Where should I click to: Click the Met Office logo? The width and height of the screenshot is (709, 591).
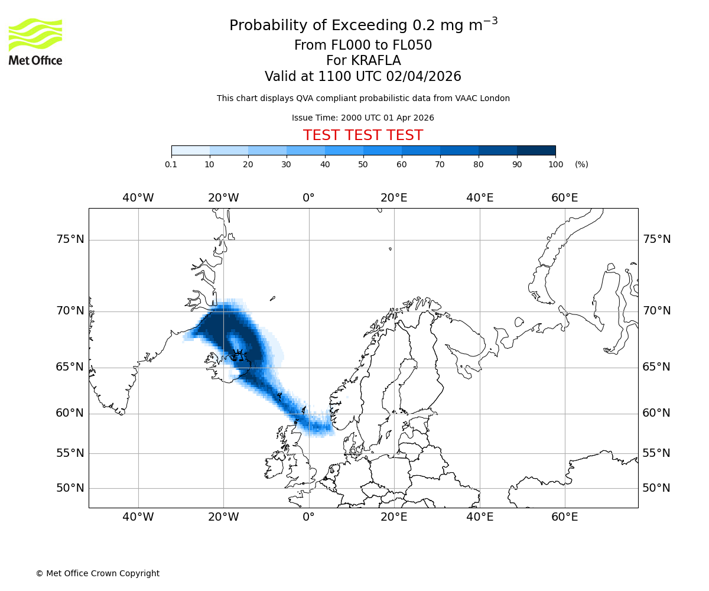coord(35,41)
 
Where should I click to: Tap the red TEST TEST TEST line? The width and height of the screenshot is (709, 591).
coord(363,135)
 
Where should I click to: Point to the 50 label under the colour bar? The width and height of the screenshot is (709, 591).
coord(363,164)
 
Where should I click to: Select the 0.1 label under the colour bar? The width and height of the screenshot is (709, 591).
coord(171,164)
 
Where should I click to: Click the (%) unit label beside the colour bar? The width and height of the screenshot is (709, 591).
coord(581,164)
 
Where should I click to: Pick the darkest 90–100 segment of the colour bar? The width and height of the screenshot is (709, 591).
coord(536,150)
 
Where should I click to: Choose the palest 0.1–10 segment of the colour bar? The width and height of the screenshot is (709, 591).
coord(190,150)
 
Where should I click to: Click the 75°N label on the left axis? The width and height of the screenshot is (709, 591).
coord(70,239)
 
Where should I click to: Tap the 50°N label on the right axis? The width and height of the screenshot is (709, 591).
coord(656,488)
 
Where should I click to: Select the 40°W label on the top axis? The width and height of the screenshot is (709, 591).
coord(138,198)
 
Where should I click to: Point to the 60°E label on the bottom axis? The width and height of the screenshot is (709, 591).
coord(565,517)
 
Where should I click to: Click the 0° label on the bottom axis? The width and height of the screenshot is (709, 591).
coord(308,517)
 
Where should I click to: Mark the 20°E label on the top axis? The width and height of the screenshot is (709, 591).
coord(394,198)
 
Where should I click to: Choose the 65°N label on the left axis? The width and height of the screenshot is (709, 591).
coord(70,367)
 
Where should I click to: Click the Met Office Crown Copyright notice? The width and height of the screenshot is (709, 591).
coord(97,573)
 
